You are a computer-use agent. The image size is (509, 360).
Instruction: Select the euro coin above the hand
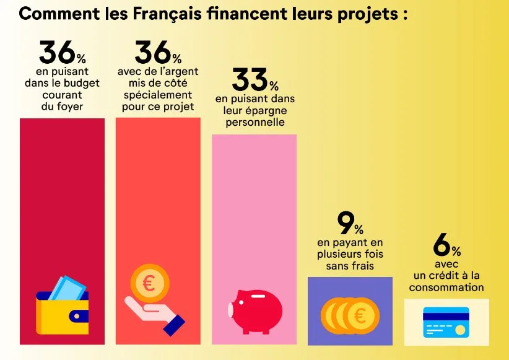click(x=149, y=284)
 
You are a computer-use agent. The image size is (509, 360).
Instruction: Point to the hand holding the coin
click(x=155, y=312)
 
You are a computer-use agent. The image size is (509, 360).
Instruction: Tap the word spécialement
click(x=158, y=95)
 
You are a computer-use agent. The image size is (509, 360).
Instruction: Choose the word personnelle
click(x=254, y=122)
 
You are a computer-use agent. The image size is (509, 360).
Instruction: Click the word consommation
click(x=446, y=287)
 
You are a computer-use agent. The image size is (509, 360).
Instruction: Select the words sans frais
click(x=350, y=266)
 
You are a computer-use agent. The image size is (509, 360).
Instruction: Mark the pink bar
click(x=254, y=204)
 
